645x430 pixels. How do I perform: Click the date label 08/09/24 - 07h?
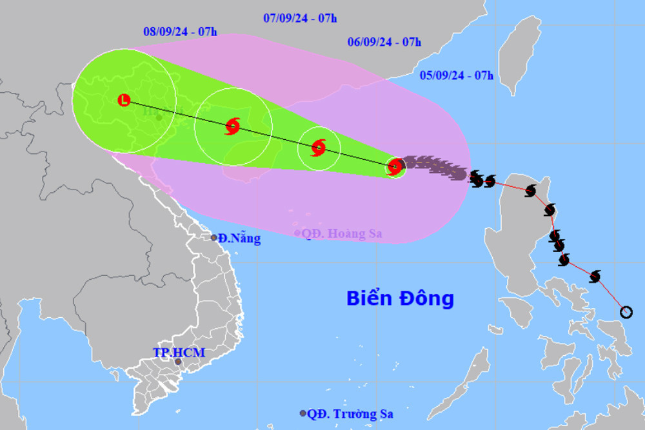coord(180,30)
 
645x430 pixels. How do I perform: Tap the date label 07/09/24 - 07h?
coord(300,18)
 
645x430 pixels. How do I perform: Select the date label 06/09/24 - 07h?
coord(384,43)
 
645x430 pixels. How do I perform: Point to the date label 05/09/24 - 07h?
coord(456,75)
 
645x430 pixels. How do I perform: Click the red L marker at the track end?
coord(124,100)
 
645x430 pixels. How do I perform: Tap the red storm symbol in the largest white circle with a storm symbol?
coord(233,126)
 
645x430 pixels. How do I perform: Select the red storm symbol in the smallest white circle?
coord(319,148)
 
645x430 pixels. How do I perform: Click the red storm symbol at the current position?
coord(395,167)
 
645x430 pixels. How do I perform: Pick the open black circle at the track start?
coord(626,313)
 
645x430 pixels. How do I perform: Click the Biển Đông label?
coord(400,298)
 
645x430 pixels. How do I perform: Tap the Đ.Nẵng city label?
coord(239,239)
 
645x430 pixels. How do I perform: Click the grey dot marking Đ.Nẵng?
coord(214,238)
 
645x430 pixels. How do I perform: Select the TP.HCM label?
coord(179,353)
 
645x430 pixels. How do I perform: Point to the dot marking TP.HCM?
coord(179,363)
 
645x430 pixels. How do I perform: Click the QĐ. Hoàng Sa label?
coord(342,233)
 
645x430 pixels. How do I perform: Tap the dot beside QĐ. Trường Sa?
coord(303,413)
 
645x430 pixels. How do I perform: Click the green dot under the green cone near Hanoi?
coord(159,118)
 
